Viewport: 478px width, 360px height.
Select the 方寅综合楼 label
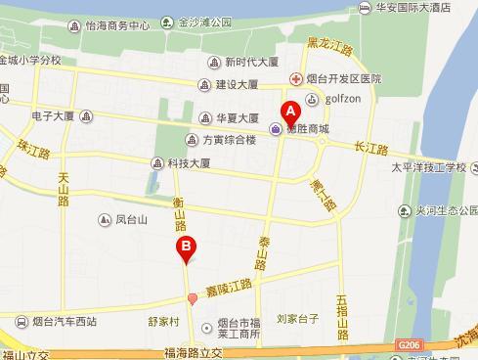coord(229,139)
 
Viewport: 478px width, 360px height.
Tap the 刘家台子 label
coord(298,318)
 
